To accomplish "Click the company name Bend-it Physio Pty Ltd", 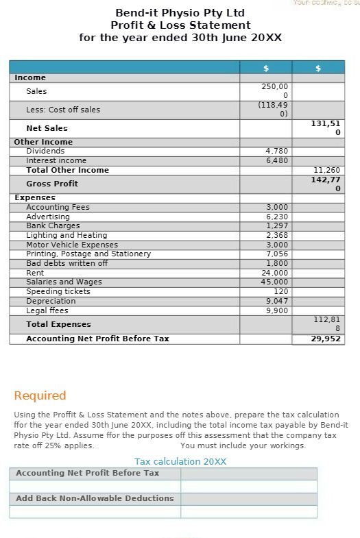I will [180, 13].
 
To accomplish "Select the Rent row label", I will [35, 273].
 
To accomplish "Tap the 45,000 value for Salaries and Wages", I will [275, 282].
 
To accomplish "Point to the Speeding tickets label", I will [58, 291].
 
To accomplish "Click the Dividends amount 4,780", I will [276, 151].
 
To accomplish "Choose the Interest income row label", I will [56, 160].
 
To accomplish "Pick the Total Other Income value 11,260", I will [326, 170].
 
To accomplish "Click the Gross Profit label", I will [52, 184].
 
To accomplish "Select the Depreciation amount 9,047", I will [276, 301].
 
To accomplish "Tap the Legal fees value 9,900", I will [276, 310].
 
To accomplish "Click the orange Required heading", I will [40, 395].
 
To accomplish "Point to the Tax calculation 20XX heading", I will [180, 461].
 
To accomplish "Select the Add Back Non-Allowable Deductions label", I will [95, 498].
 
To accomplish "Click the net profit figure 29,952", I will [326, 339].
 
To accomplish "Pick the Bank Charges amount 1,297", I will [276, 225].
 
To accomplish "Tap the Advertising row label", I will [48, 217].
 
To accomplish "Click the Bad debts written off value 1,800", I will [276, 263].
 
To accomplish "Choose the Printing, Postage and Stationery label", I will [88, 254].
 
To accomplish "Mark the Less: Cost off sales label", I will [63, 110].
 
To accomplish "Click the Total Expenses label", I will [58, 324].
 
